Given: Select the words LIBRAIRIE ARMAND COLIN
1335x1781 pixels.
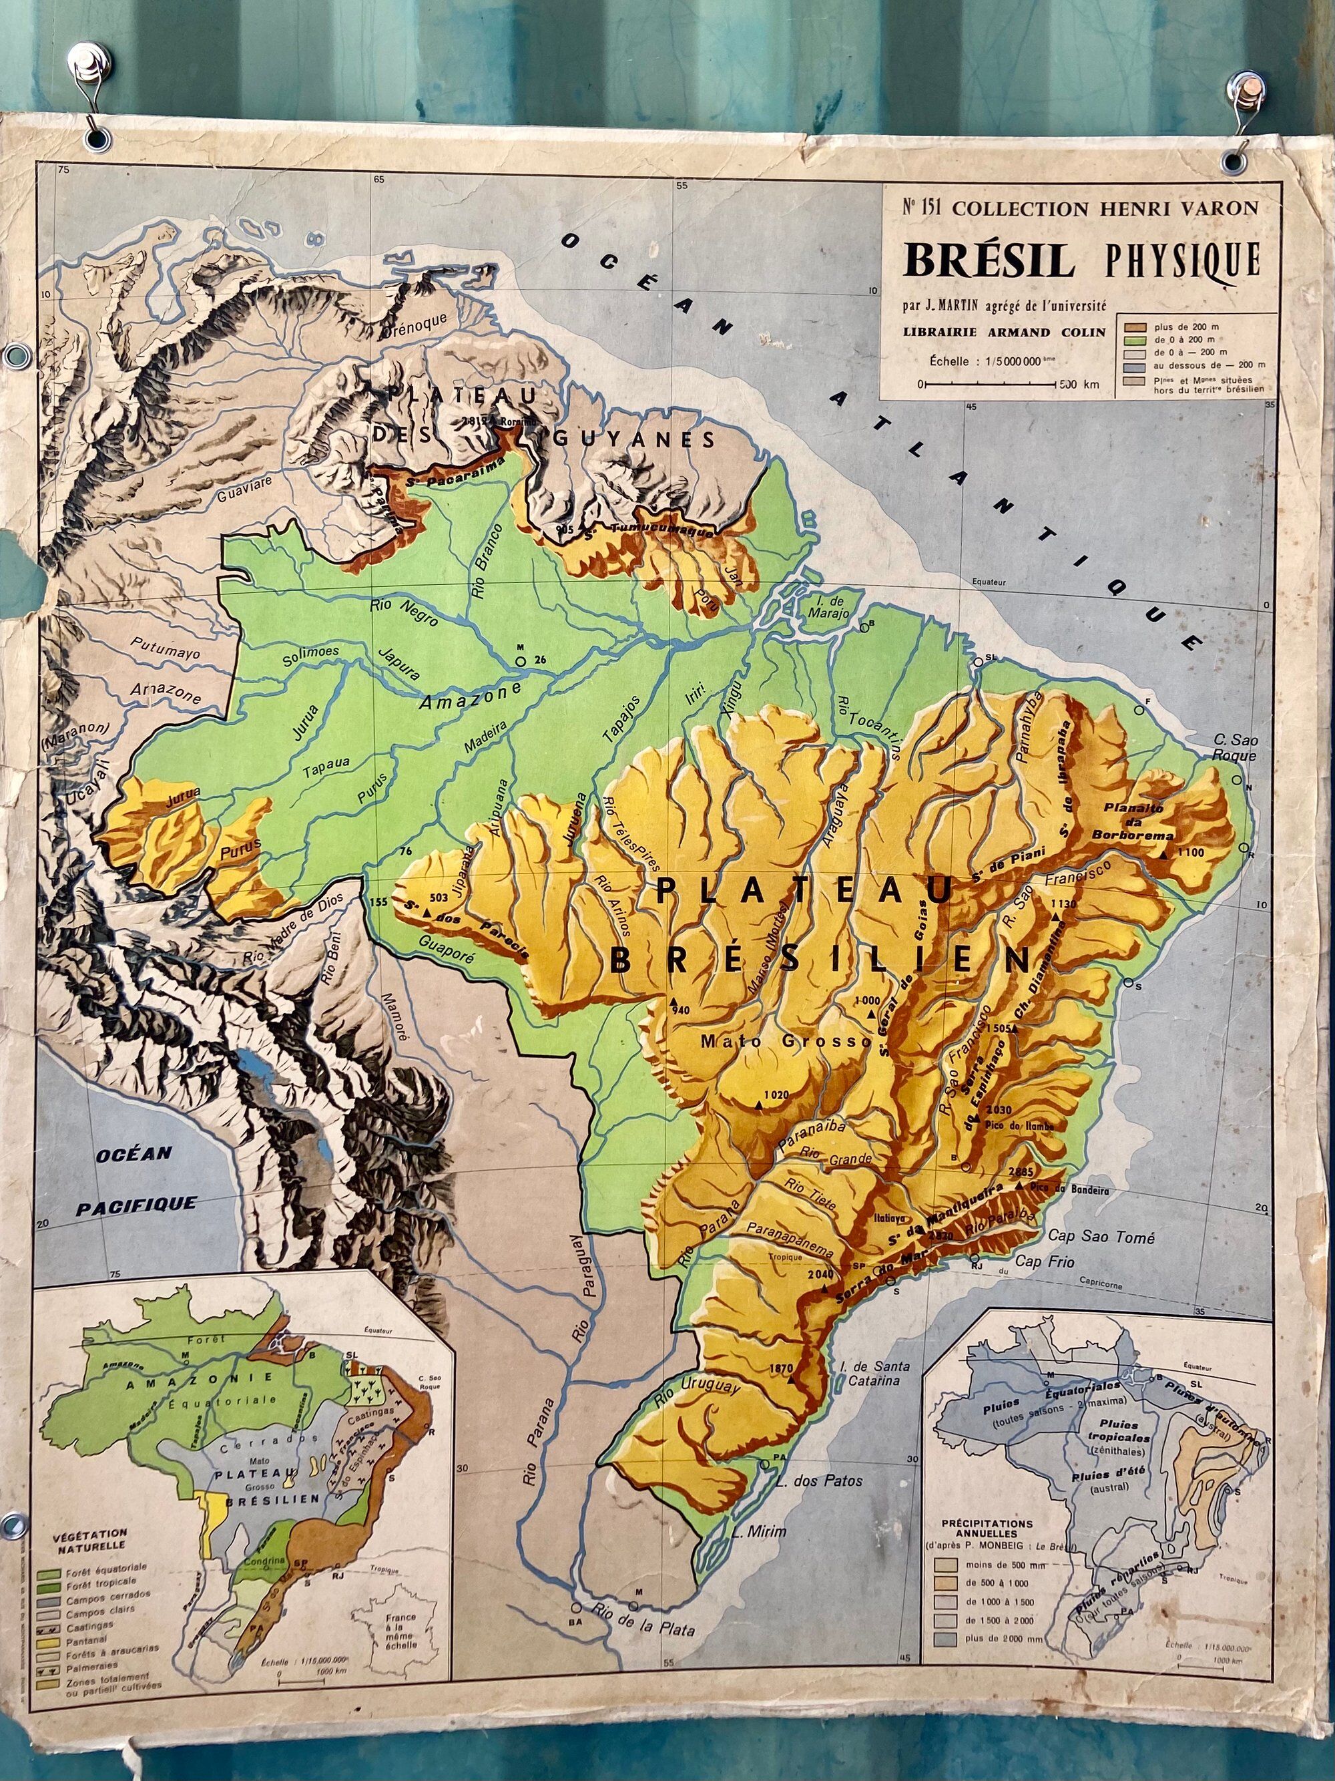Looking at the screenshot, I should tap(1001, 332).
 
